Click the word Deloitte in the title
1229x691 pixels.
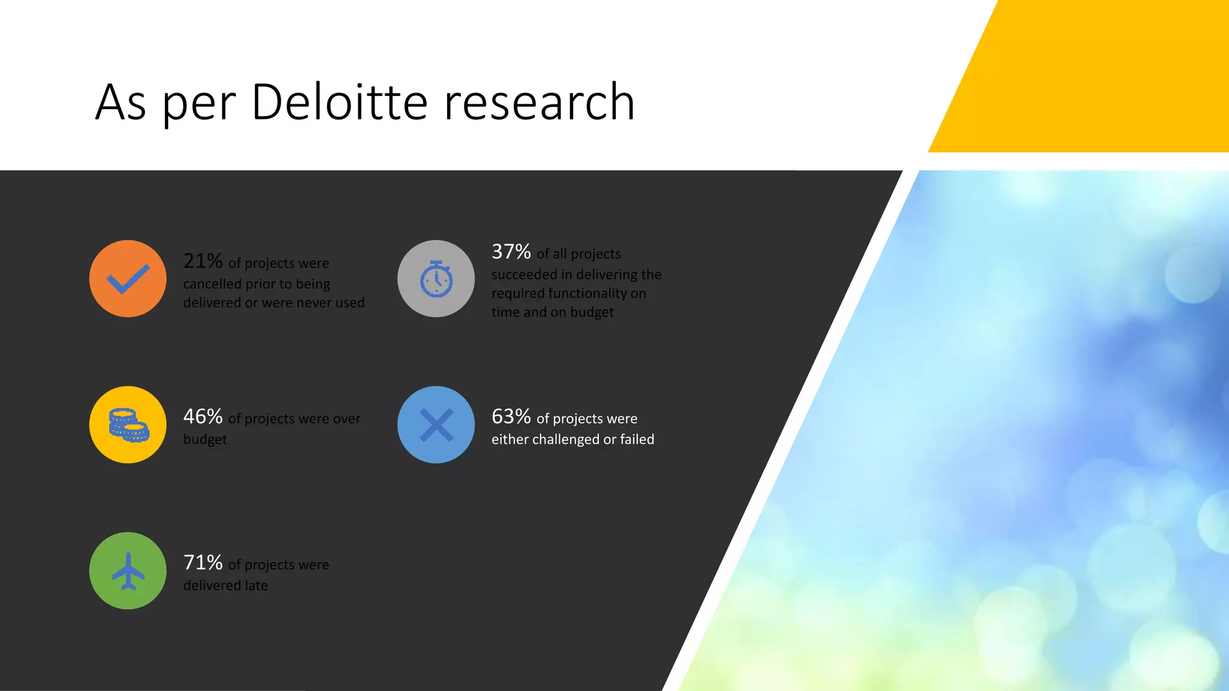coord(339,102)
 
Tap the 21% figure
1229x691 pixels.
coord(203,261)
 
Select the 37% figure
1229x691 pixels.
coord(511,251)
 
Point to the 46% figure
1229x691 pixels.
coord(203,416)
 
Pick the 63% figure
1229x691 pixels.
coord(511,416)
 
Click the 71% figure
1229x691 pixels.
coord(203,563)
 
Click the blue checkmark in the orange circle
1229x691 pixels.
coord(128,279)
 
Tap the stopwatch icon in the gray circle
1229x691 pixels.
coord(436,279)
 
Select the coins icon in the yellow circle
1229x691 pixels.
coord(128,425)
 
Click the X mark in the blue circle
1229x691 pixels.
coord(436,425)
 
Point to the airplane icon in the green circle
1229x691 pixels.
coord(128,571)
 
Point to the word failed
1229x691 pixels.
coord(637,440)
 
